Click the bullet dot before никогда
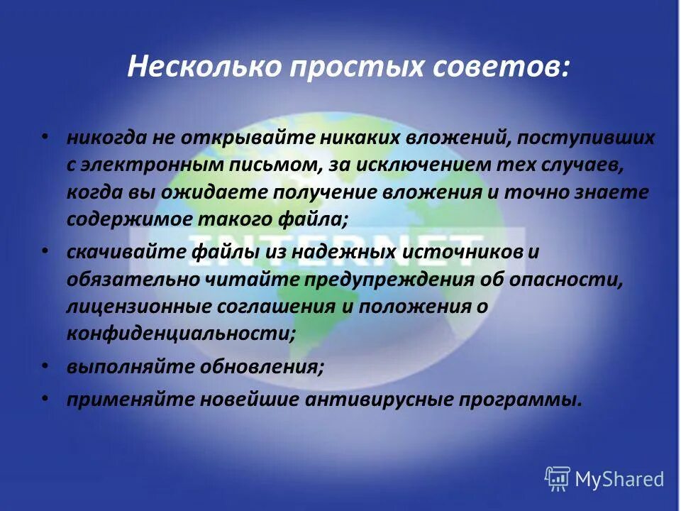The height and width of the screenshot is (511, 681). (x=45, y=133)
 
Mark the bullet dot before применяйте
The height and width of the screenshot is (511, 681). (x=45, y=397)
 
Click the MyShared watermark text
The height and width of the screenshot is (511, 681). (x=619, y=480)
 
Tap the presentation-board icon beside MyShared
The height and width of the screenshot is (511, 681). (x=558, y=479)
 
